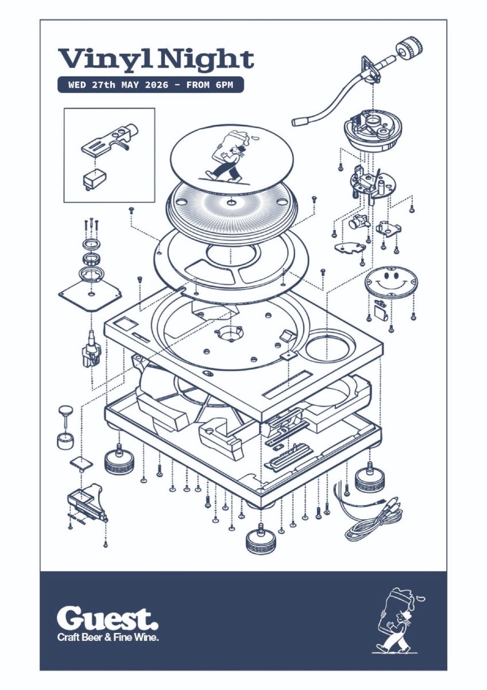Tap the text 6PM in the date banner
click(225, 85)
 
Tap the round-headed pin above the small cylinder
click(66, 416)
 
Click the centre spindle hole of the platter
click(231, 202)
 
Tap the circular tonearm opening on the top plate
click(330, 348)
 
